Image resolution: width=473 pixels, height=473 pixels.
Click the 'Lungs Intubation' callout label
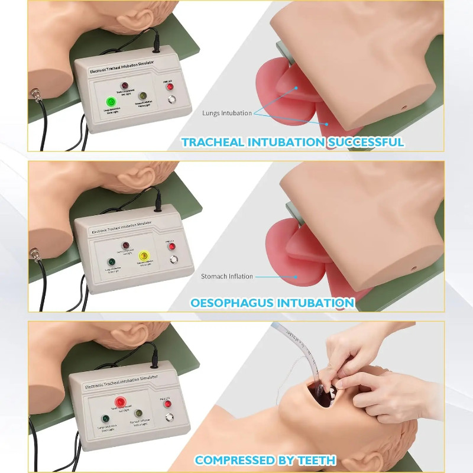226,113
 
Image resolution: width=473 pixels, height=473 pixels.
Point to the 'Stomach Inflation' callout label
226,276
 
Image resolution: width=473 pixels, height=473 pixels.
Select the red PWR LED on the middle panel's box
171,247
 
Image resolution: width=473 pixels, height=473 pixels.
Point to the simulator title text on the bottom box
117,384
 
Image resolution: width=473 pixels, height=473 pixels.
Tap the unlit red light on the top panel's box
125,86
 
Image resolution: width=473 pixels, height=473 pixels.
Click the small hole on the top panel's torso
404,110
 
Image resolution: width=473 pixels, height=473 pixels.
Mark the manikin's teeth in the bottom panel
334,390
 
